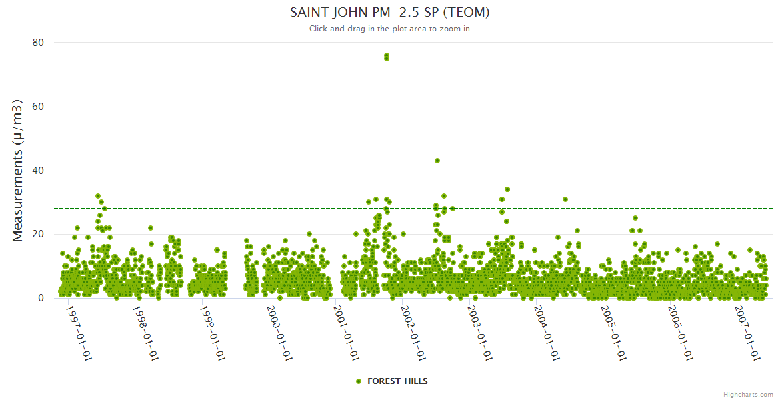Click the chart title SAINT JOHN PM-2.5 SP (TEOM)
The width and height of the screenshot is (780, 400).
[x=390, y=13]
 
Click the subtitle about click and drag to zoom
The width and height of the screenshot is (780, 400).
[x=390, y=29]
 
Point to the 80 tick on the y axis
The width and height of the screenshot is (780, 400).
[x=38, y=43]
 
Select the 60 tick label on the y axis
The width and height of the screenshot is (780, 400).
[x=38, y=107]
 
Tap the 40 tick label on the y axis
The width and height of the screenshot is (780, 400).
[x=38, y=171]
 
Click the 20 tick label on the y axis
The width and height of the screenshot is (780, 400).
[x=38, y=235]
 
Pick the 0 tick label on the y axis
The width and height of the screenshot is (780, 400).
[x=41, y=298]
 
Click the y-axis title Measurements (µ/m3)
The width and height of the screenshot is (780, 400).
[x=19, y=171]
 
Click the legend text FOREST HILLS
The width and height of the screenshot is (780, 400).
[x=397, y=381]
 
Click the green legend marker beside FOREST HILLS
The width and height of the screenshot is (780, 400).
[x=359, y=381]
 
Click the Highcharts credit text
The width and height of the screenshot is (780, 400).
[x=748, y=395]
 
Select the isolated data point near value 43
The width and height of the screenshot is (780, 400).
[x=437, y=161]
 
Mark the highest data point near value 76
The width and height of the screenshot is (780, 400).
[x=387, y=55]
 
